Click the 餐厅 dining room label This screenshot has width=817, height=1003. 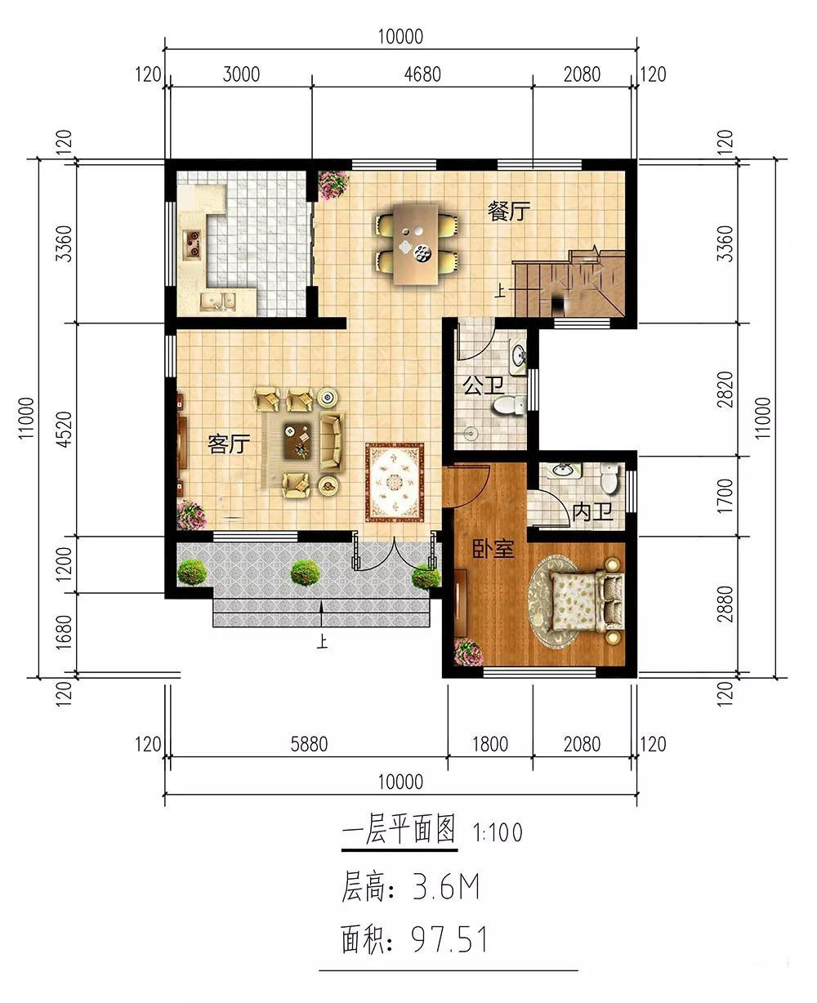click(508, 211)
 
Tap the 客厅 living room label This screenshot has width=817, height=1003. click(229, 444)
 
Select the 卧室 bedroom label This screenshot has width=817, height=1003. click(493, 549)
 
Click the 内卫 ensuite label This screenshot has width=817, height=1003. click(592, 511)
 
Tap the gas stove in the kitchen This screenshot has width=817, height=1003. click(192, 244)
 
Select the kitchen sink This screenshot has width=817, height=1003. click(217, 301)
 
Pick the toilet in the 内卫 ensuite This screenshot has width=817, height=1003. click(609, 479)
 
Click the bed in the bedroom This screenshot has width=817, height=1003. click(587, 601)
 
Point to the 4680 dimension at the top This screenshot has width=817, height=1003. click(422, 74)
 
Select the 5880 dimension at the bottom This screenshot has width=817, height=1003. click(309, 744)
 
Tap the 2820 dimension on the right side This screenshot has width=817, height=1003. click(725, 390)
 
